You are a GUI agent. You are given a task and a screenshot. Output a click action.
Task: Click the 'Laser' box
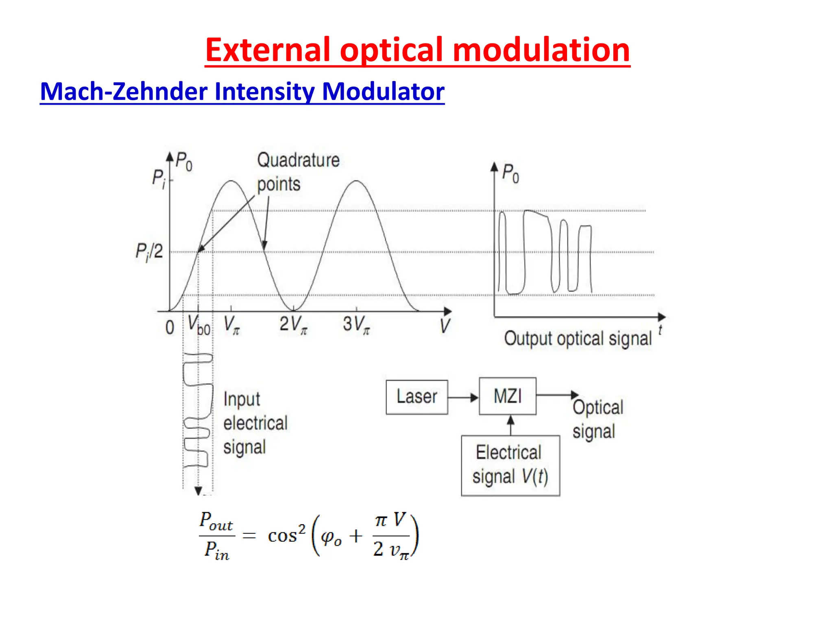pos(417,397)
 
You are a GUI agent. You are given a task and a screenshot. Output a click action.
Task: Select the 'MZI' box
pos(507,396)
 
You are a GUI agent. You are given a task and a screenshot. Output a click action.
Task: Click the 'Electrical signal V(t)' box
pos(510,465)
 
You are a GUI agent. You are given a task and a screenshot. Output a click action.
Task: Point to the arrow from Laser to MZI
pos(463,398)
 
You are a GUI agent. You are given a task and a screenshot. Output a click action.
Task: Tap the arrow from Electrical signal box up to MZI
pos(511,425)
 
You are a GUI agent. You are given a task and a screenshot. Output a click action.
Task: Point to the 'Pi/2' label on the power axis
pos(149,252)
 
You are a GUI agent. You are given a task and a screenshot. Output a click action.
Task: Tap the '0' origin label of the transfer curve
pos(170,328)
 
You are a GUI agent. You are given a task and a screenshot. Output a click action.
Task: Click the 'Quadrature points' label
pos(298,172)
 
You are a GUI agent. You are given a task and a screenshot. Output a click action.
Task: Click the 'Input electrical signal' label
pos(255,423)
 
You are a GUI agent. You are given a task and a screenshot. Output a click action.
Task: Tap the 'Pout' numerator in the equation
pos(216,522)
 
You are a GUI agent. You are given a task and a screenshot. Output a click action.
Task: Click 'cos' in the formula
pos(282,536)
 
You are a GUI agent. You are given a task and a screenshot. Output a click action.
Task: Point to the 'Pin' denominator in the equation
pos(217,551)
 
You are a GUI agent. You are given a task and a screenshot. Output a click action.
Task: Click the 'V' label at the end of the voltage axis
pos(445,326)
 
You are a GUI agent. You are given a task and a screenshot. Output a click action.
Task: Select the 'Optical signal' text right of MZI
pos(597,419)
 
